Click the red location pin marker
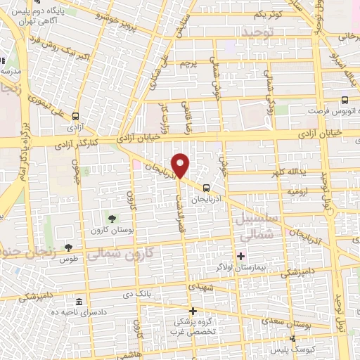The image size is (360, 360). (181, 166)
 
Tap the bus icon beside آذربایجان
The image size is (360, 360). (206, 188)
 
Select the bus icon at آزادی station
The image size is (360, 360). (75, 117)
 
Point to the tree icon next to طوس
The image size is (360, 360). (68, 247)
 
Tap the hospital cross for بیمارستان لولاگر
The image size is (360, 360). (241, 255)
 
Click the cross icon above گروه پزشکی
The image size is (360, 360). (192, 310)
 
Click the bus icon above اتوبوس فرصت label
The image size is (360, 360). (345, 101)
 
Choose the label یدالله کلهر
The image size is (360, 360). (291, 172)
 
